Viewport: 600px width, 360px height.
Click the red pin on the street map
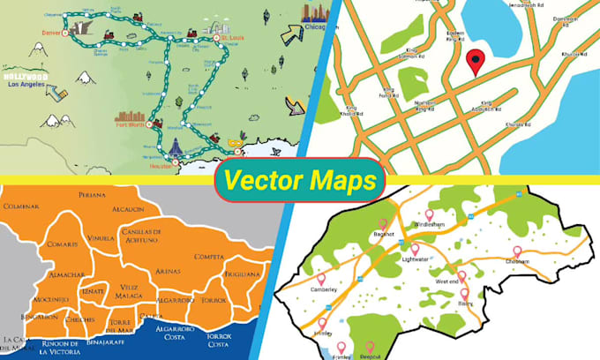476,62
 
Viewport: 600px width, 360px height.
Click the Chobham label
519,261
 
